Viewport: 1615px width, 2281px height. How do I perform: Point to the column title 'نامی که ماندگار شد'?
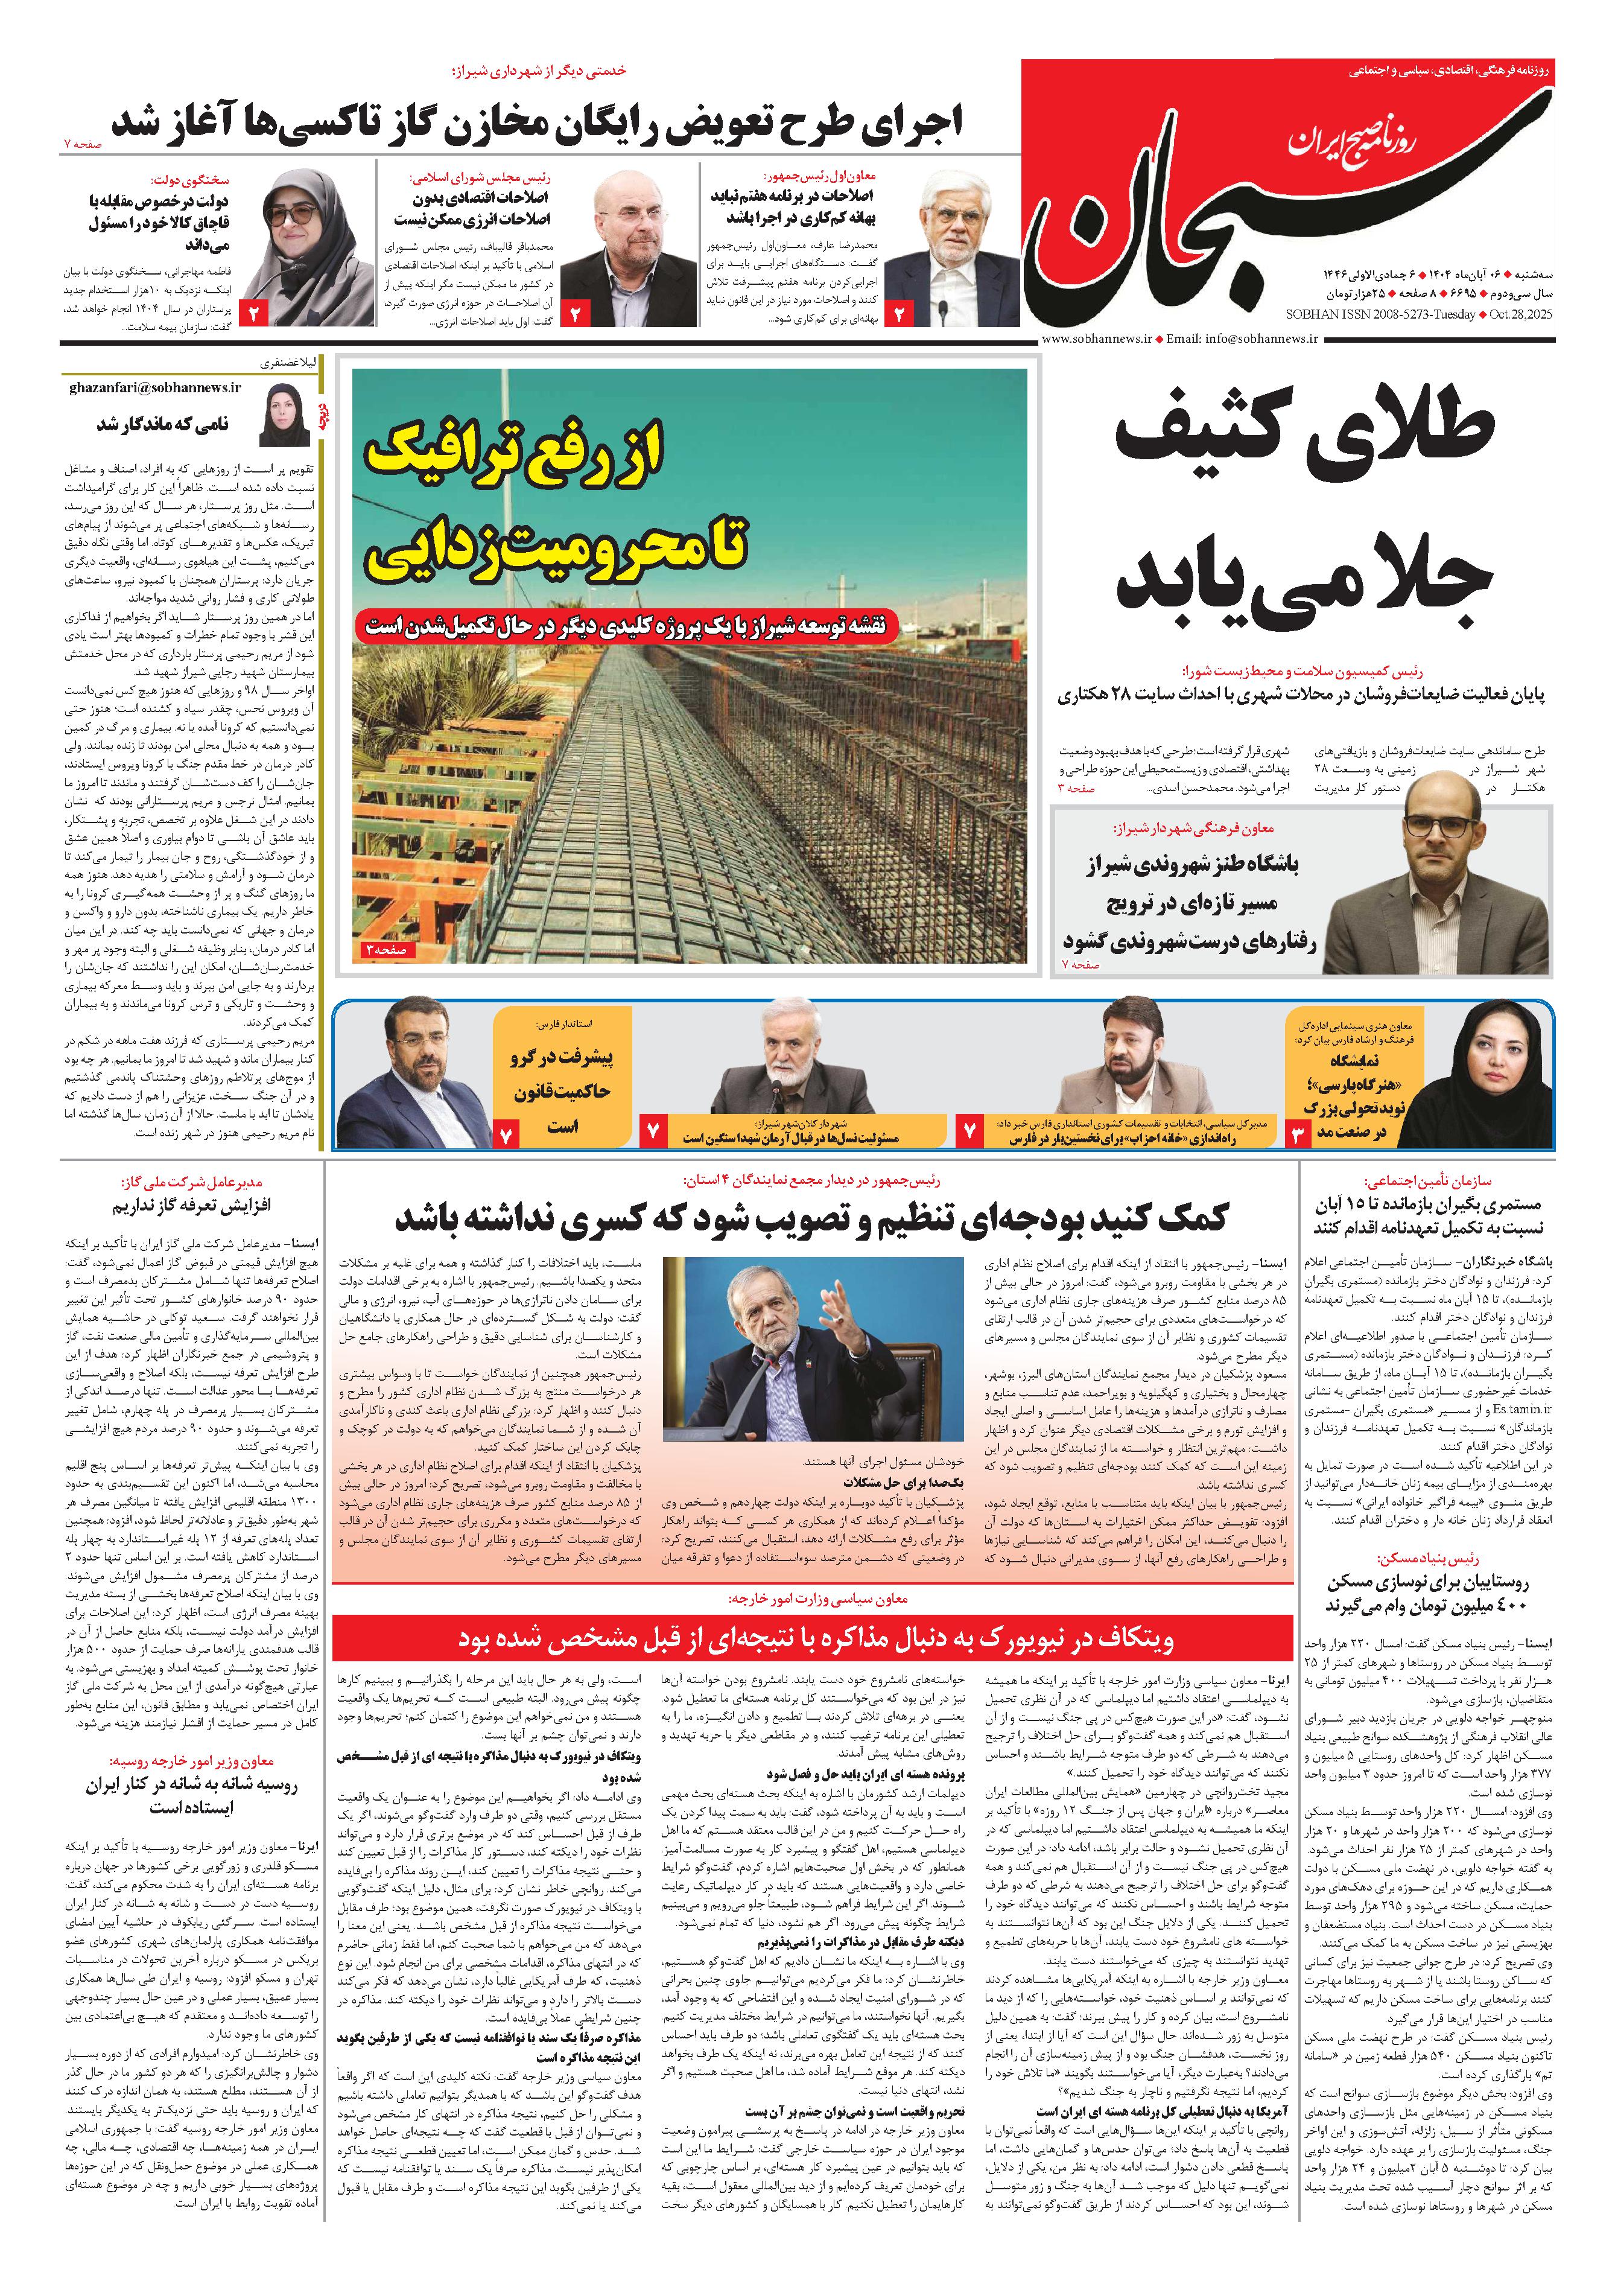click(162, 424)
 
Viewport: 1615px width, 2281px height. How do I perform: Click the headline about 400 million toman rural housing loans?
click(1426, 1592)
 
